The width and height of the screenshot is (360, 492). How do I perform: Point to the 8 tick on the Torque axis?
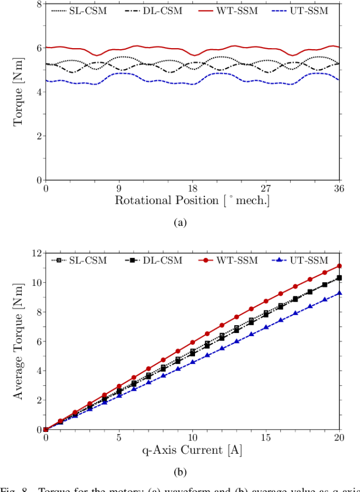pos(39,4)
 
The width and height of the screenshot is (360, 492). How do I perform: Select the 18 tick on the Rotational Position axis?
pos(192,189)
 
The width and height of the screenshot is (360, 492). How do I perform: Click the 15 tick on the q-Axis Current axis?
pos(266,438)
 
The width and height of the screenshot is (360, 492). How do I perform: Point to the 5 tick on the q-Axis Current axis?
pos(119,438)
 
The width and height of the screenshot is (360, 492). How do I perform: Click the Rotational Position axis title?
pos(192,201)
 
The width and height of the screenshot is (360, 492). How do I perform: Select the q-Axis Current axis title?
pos(192,450)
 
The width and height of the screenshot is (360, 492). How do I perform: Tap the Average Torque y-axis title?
pos(19,341)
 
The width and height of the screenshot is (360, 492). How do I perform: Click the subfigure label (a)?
pos(180,222)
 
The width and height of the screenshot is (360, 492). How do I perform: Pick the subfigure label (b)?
pos(180,471)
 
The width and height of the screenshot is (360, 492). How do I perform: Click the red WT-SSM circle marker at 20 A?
pos(339,266)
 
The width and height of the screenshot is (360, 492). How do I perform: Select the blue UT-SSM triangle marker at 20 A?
pos(339,293)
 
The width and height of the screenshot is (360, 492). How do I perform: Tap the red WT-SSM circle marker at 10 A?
pos(192,342)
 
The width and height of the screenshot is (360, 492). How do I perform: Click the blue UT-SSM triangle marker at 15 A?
pos(266,327)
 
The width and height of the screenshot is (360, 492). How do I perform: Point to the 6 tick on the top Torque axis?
pos(39,48)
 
